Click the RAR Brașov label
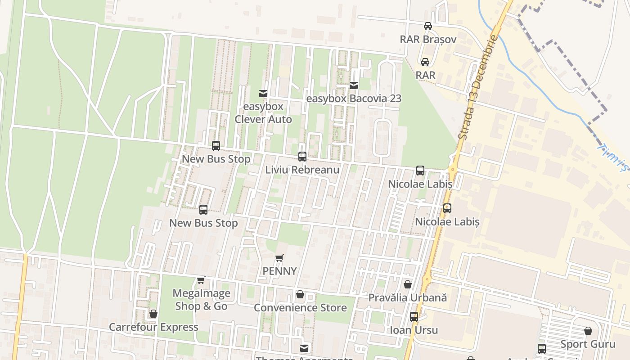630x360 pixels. [x=428, y=40]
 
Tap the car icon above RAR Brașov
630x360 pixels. [x=428, y=26]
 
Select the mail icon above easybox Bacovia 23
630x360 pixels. [x=354, y=85]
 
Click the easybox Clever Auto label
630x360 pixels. [x=263, y=113]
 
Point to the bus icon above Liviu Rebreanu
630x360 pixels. [x=302, y=157]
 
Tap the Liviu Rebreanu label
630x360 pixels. [x=302, y=170]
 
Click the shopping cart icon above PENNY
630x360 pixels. [x=279, y=258]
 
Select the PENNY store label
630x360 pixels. [x=279, y=271]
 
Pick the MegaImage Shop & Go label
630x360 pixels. [x=201, y=300]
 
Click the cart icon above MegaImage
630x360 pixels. [x=201, y=280]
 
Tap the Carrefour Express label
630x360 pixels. [x=153, y=327]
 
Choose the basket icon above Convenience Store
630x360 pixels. [x=300, y=294]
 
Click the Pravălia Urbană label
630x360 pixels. [x=408, y=298]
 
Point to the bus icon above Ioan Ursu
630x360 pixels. [x=414, y=317]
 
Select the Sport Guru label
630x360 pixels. [x=588, y=344]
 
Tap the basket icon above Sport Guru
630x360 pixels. [x=588, y=331]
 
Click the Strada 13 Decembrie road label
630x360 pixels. [x=478, y=86]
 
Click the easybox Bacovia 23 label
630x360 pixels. [x=354, y=99]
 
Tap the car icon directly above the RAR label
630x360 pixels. [x=425, y=62]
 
